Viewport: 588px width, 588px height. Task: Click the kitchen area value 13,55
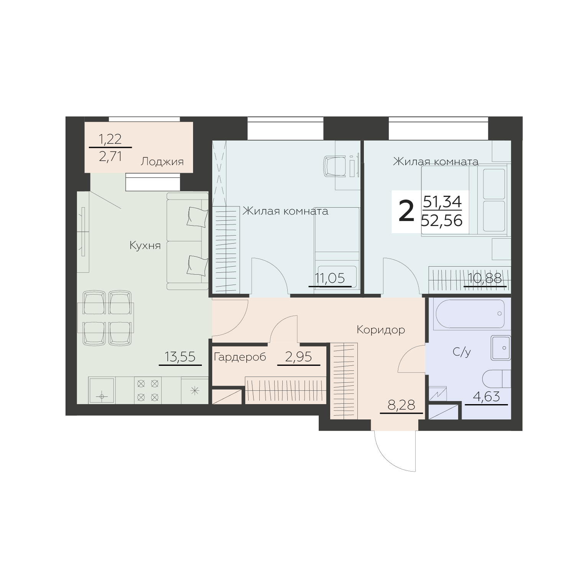coord(180,357)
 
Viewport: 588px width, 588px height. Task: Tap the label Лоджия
coord(162,162)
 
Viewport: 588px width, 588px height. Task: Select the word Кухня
coord(145,246)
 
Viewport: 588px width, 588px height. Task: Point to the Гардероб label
coord(240,357)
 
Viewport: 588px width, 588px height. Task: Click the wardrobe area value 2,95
coord(299,357)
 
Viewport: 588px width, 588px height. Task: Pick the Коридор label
coord(381,329)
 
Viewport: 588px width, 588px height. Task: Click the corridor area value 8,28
coord(401,405)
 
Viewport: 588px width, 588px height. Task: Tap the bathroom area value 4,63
coord(486,396)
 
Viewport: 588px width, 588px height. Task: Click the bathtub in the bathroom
coord(472,313)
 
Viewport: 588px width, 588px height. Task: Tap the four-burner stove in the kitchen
coord(147,390)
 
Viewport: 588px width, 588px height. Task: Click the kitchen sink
coord(102,390)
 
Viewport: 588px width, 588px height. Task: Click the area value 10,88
coord(485,278)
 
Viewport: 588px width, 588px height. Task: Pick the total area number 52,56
coord(442,221)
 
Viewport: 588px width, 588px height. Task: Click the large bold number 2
coord(406,212)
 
